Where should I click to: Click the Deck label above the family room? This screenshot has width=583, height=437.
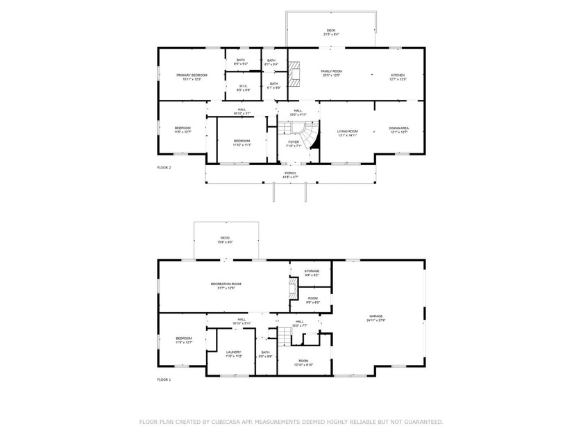click(331, 31)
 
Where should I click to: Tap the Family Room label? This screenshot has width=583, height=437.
click(331, 71)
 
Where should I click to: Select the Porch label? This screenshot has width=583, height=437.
click(290, 173)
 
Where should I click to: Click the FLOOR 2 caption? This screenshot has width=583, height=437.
click(164, 167)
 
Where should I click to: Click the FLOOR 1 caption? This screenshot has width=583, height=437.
click(164, 379)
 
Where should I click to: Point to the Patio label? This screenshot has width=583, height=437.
click(226, 238)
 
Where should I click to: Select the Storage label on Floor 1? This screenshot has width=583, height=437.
click(312, 271)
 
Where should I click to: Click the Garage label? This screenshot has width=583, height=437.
click(376, 316)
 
